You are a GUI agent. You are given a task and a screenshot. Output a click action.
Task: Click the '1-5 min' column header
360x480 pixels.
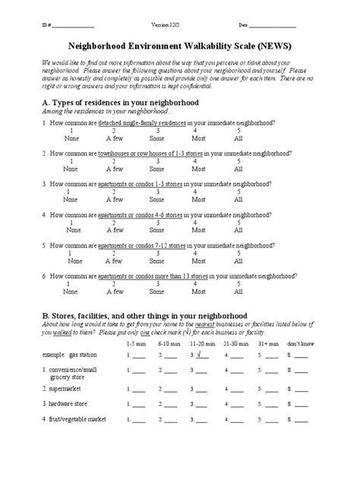[134, 343]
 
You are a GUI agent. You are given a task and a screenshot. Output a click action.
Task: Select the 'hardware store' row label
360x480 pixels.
[68, 403]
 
